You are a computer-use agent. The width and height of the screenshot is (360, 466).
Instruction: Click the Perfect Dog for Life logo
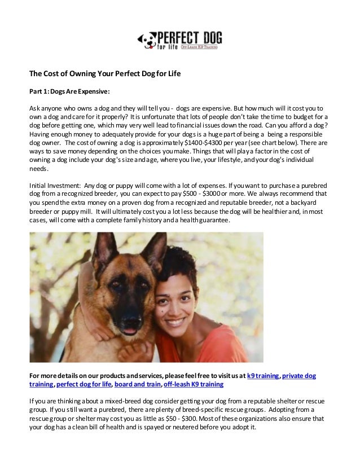coord(180,40)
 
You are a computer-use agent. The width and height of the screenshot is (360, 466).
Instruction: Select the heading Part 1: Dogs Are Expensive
coord(69,91)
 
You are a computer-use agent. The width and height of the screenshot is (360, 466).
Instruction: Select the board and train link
coord(137,384)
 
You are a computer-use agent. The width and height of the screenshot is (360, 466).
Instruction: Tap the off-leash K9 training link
coord(193,384)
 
